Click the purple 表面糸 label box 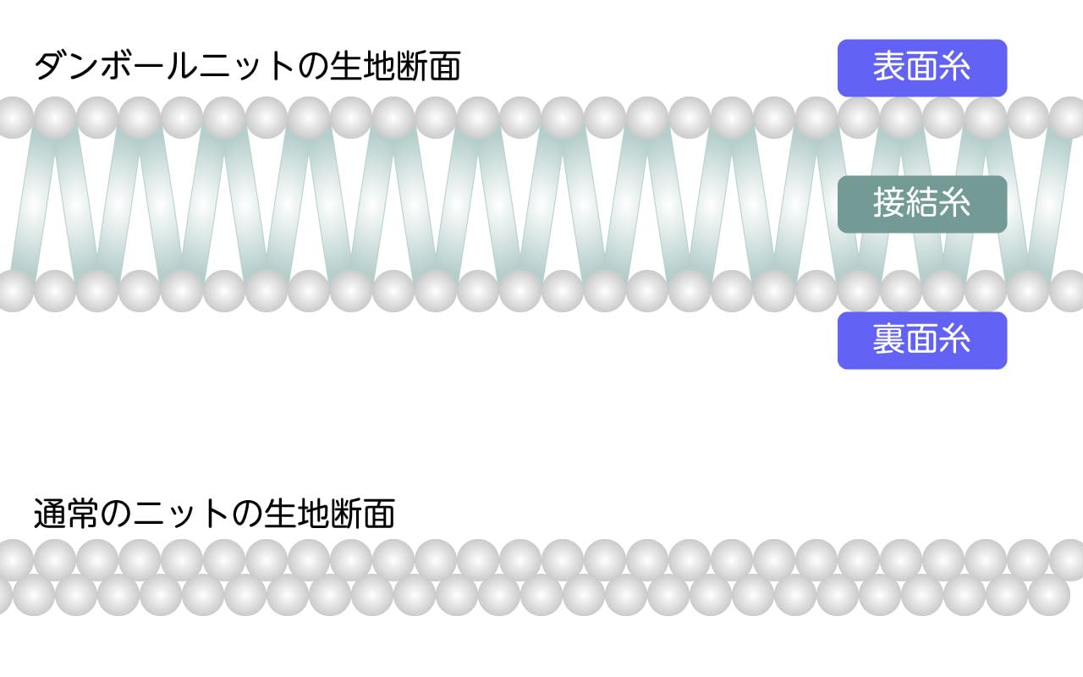click(921, 68)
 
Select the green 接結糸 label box click(921, 204)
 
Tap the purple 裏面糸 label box click(921, 340)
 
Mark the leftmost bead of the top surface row click(13, 118)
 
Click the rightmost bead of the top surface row click(1069, 118)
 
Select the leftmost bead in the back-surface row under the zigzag click(13, 291)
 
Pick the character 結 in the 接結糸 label click(921, 204)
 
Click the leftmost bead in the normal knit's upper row click(13, 559)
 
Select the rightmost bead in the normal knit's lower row click(1049, 595)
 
